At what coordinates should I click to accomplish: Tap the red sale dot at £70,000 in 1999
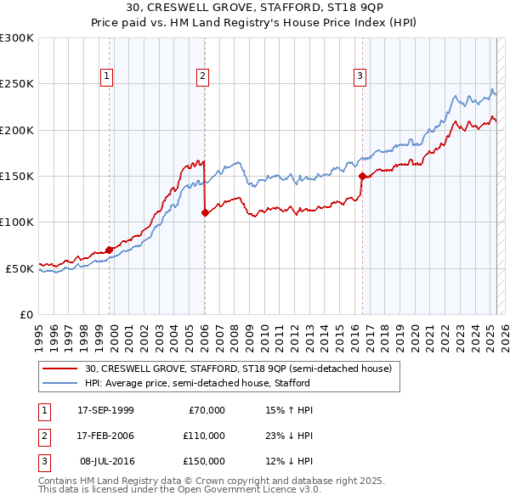110,250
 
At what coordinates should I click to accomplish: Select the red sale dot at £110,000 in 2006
205,213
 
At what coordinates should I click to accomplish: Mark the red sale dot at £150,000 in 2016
362,177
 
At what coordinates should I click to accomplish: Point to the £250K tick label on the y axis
17,84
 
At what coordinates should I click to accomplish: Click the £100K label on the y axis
17,222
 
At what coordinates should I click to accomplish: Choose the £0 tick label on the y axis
25,314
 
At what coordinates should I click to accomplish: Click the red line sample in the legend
59,369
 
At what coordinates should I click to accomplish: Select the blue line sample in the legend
59,383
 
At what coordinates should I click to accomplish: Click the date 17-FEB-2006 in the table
105,436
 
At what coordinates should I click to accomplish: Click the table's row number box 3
42,461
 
